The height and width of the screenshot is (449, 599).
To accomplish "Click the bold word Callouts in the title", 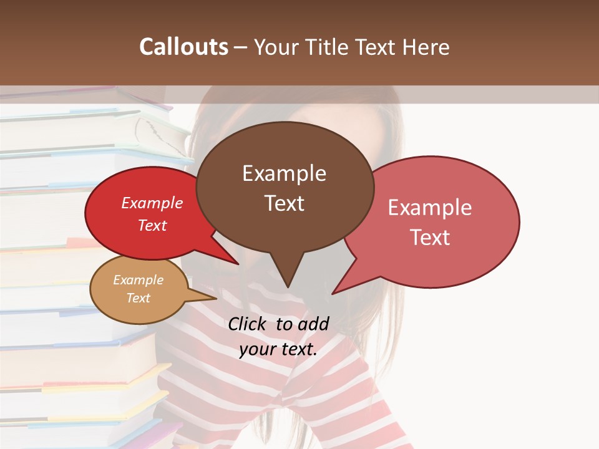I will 183,47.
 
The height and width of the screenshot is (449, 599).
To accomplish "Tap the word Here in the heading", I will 426,47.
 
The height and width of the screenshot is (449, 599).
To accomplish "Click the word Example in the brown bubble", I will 284,173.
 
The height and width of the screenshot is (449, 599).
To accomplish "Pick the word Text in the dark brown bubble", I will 284,203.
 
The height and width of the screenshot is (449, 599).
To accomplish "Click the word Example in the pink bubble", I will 430,208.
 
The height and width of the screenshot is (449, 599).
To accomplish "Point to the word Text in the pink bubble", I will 430,237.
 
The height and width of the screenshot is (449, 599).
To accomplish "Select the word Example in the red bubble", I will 152,203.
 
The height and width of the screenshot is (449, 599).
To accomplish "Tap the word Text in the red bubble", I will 152,225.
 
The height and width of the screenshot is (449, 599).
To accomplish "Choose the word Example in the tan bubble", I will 138,280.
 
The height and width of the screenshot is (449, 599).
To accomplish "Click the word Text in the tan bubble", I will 138,298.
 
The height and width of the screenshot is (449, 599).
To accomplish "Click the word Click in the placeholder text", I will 248,324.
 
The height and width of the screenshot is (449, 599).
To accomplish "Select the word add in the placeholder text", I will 314,324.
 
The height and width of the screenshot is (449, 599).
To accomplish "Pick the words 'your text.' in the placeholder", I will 278,349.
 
